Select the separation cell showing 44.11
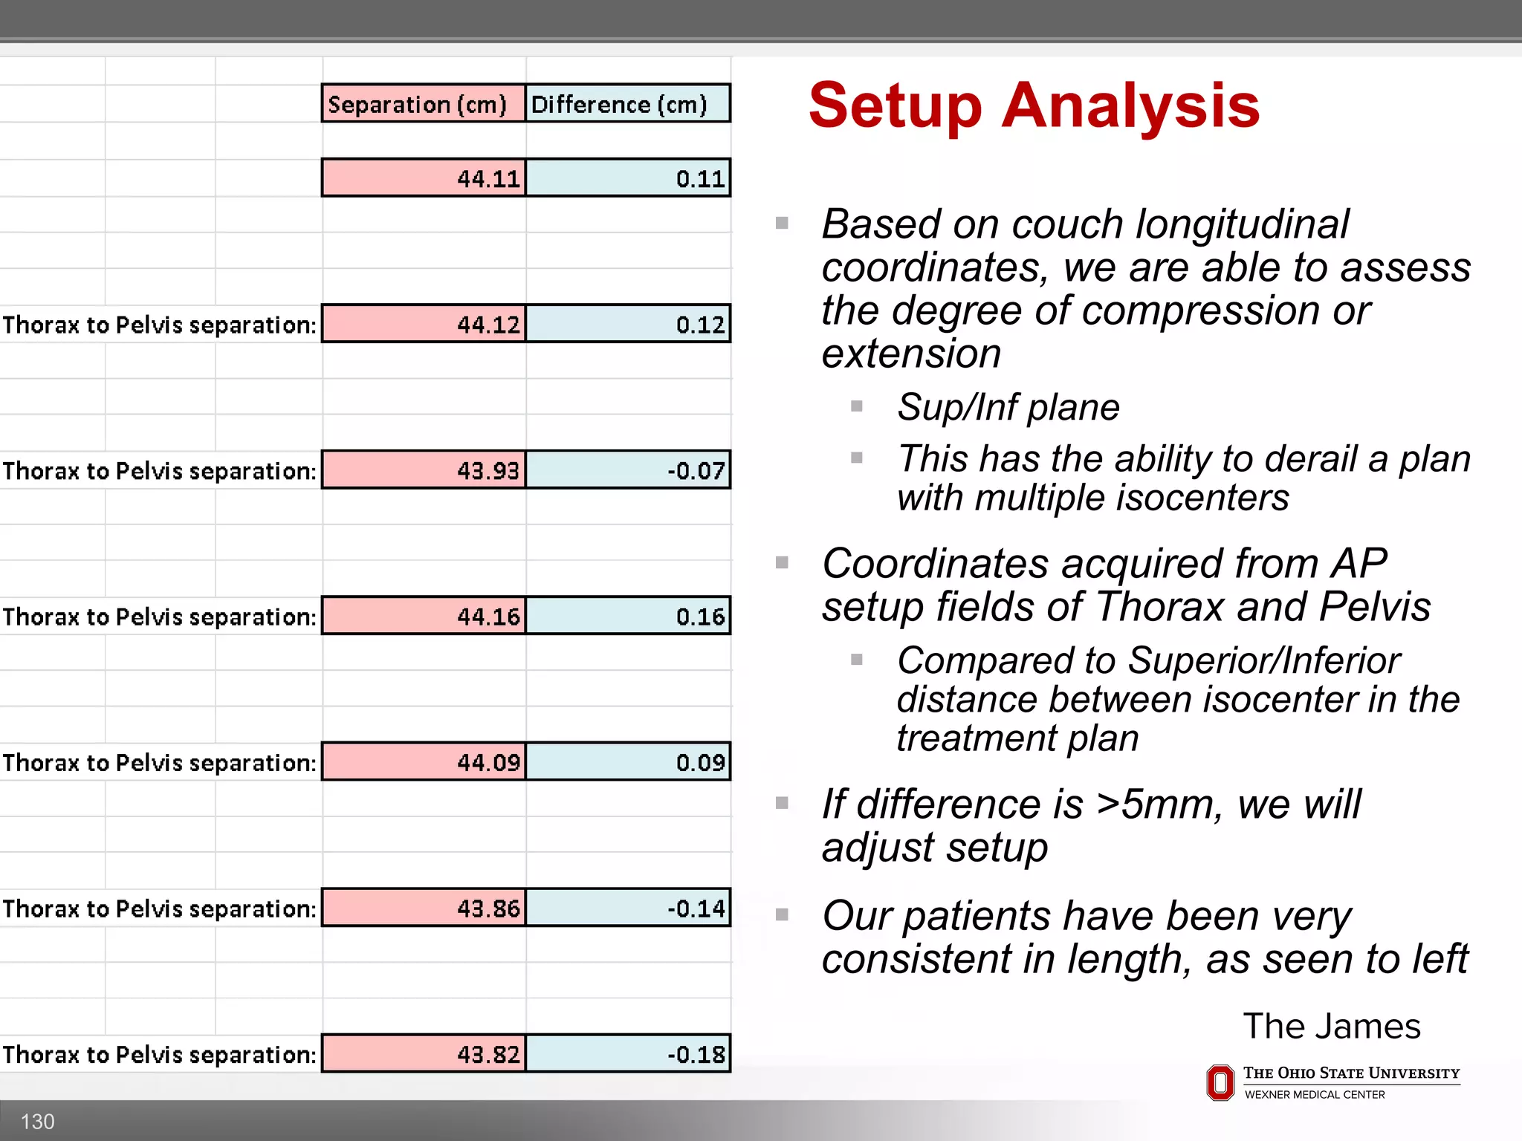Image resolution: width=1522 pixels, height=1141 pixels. tap(424, 178)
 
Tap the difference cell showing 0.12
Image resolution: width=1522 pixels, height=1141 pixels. tap(628, 324)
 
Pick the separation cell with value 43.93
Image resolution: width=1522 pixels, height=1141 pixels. tap(424, 469)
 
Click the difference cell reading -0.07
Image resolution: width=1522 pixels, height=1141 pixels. tap(628, 469)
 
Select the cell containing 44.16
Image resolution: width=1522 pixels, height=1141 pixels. tap(424, 616)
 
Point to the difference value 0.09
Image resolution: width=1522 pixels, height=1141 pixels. tap(628, 761)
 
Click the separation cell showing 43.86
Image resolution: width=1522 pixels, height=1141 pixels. tap(424, 908)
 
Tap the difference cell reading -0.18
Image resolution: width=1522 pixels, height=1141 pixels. tap(628, 1053)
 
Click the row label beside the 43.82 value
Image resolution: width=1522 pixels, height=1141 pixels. tap(160, 1054)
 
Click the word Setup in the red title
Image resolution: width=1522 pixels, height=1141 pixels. tap(895, 106)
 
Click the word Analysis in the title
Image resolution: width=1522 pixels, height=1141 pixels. tap(1130, 106)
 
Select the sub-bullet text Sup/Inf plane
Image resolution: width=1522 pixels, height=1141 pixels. tap(1008, 407)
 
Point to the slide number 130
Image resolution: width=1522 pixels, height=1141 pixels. tap(37, 1121)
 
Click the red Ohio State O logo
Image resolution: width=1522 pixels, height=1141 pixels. tap(1220, 1082)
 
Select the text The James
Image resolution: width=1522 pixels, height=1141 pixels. tap(1331, 1026)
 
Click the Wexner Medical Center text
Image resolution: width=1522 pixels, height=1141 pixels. tap(1314, 1094)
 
